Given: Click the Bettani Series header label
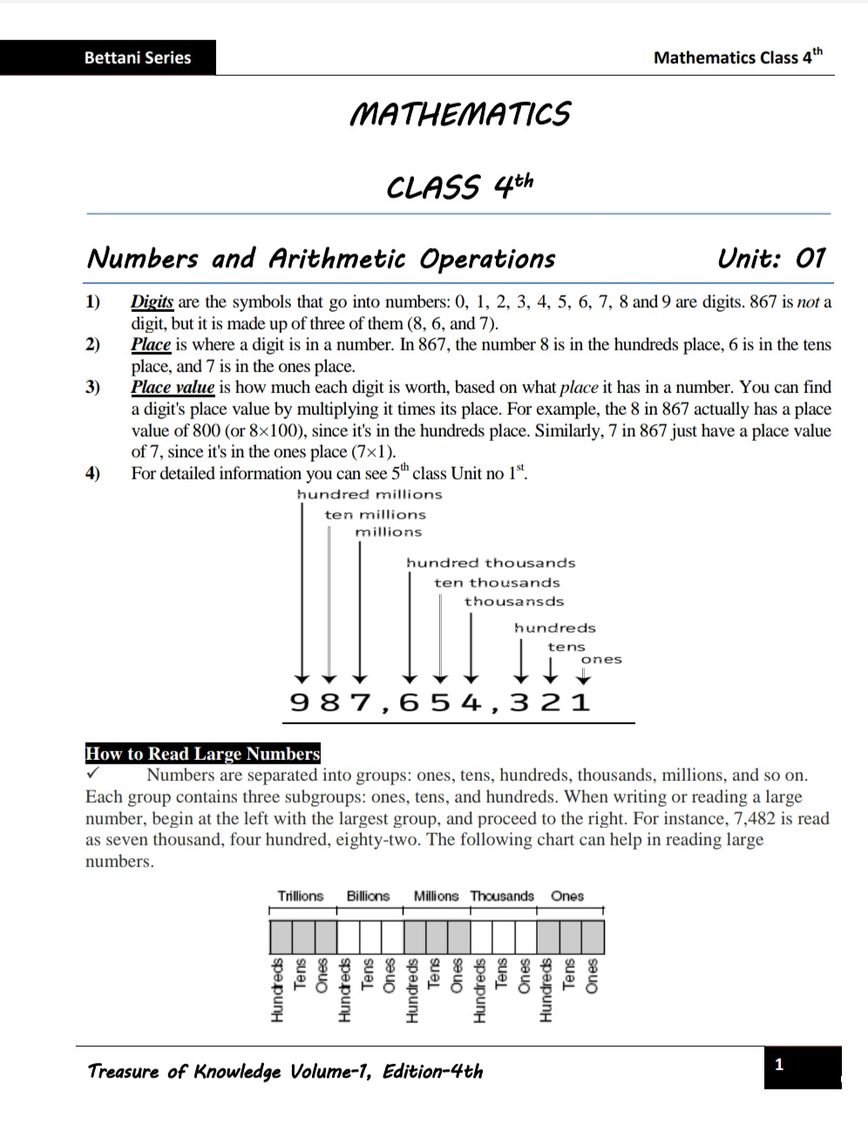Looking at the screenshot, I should (x=137, y=58).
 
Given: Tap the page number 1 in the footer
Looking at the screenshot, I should (x=779, y=1064).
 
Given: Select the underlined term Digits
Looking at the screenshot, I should (x=153, y=302).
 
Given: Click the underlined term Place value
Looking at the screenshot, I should (x=173, y=388).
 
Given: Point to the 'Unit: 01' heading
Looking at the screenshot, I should (x=770, y=259).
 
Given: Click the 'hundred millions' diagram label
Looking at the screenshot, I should (x=370, y=495).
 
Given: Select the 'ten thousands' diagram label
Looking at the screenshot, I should (x=497, y=583).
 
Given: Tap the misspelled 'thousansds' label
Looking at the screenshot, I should (x=513, y=602).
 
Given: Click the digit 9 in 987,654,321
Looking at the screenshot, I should (x=299, y=702).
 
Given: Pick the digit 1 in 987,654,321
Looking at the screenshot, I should (x=581, y=702).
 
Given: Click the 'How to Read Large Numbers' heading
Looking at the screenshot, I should (x=203, y=754).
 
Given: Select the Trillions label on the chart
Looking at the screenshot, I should (x=300, y=896).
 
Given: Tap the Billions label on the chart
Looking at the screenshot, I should (x=368, y=896).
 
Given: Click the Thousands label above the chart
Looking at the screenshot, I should (x=502, y=896).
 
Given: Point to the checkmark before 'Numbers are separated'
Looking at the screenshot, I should (x=93, y=774).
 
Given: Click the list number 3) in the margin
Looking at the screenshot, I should (x=92, y=388).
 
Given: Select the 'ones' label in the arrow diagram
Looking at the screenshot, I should (x=601, y=660).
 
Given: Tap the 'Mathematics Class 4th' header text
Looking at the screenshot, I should (x=737, y=58).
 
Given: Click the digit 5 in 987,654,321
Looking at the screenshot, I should (x=440, y=702).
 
